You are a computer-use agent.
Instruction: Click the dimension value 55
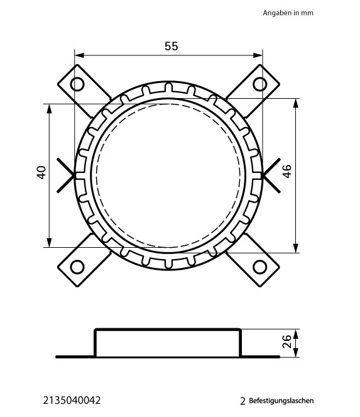pos(171,46)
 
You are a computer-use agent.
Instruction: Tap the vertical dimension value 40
pos(41,172)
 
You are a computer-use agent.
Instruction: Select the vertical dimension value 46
pos(287,172)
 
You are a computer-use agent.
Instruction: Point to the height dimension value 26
pos(287,341)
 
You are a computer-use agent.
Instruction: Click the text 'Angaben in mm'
pos(288,13)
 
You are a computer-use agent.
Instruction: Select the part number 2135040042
pos(72,401)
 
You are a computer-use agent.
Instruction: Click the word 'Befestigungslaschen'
pos(281,401)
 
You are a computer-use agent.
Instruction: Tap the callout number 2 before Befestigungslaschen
pos(243,401)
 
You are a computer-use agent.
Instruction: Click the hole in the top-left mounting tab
pos(77,84)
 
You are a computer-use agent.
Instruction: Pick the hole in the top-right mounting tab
pos(260,84)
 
